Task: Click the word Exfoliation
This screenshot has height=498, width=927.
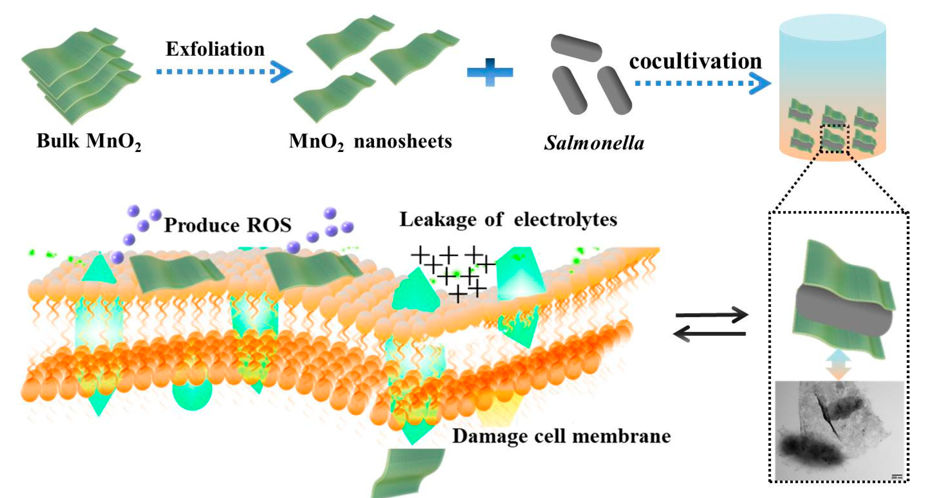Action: [215, 49]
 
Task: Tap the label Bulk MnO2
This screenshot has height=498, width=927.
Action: [89, 141]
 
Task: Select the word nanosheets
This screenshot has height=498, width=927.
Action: [403, 141]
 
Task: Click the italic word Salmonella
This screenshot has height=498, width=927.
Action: [594, 143]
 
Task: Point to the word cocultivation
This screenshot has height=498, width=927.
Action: [695, 61]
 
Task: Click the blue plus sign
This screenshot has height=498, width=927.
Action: [490, 72]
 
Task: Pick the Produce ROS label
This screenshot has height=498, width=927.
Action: [228, 226]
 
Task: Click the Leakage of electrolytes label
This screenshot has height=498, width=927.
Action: [508, 219]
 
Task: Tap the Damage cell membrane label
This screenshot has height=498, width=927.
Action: [562, 436]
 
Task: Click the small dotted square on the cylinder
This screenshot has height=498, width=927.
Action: [835, 139]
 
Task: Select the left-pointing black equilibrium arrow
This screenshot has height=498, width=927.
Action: [709, 334]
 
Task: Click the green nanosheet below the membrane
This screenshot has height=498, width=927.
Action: [409, 472]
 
